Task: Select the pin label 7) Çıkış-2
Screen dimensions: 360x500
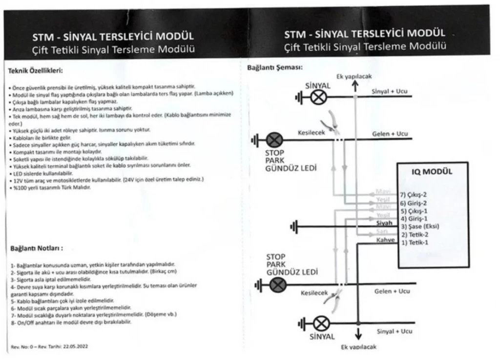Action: [x=414, y=194]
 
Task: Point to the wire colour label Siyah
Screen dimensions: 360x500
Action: [x=385, y=223]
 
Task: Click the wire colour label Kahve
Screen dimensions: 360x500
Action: [x=385, y=240]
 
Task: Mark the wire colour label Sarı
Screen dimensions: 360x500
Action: [x=382, y=231]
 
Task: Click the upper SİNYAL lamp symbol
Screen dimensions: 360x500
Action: [x=319, y=97]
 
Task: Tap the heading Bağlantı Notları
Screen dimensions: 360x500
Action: [x=37, y=248]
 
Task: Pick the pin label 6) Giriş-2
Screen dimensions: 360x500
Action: [x=413, y=202]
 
